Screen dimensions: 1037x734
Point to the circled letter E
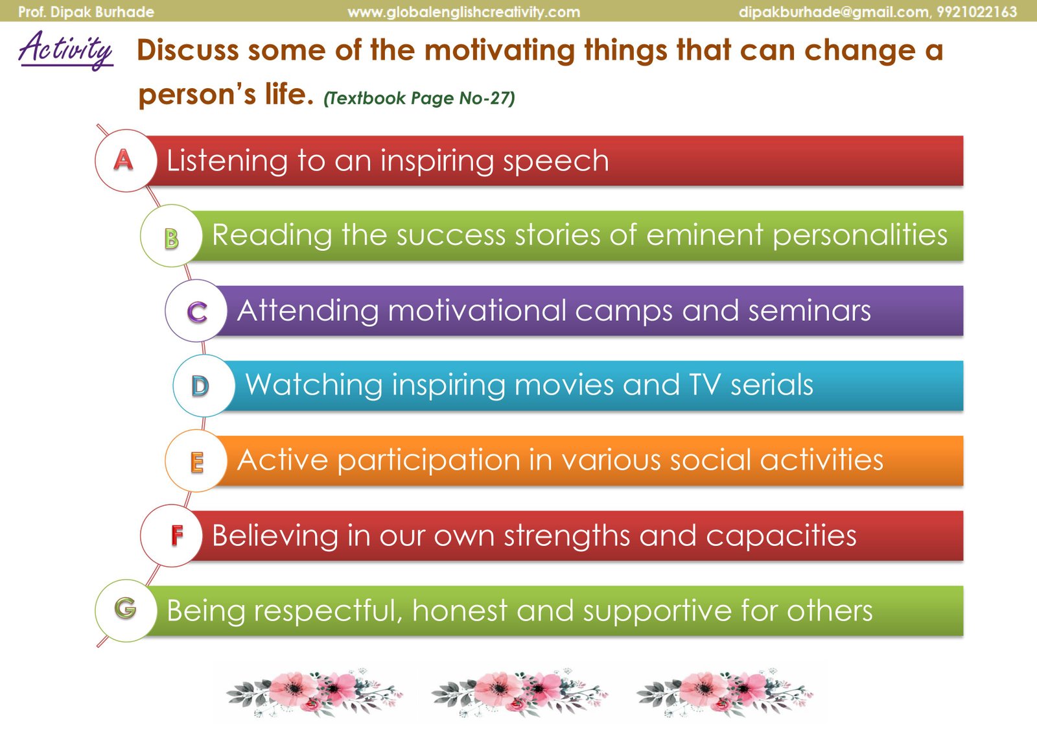coord(196,461)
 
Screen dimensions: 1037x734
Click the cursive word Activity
coord(65,50)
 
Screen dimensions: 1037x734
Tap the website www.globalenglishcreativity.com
coord(463,12)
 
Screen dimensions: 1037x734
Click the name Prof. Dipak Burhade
coord(86,12)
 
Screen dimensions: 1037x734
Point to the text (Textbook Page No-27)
coord(419,98)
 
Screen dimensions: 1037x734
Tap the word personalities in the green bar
coord(860,236)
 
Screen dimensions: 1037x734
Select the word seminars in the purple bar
coord(810,311)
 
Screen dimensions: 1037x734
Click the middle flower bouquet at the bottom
coord(519,693)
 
